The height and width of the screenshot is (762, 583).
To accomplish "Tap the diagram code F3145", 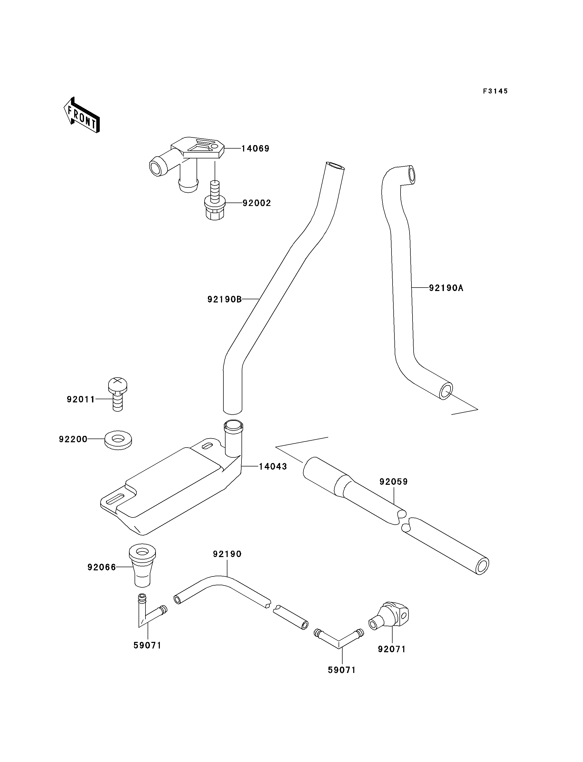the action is click(x=495, y=91).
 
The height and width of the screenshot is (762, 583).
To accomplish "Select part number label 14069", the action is click(x=255, y=149).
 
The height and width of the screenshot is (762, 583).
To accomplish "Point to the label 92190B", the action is click(x=224, y=299).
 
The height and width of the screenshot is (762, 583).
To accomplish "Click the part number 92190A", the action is click(x=446, y=288).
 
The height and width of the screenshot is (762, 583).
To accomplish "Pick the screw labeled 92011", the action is click(x=118, y=394).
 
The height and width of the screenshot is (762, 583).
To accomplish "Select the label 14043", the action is click(x=273, y=466).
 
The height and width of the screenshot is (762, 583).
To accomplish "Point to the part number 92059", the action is click(x=394, y=482).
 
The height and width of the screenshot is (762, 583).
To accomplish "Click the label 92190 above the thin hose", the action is click(x=227, y=554).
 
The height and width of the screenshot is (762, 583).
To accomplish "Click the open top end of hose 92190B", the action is click(x=335, y=166).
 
